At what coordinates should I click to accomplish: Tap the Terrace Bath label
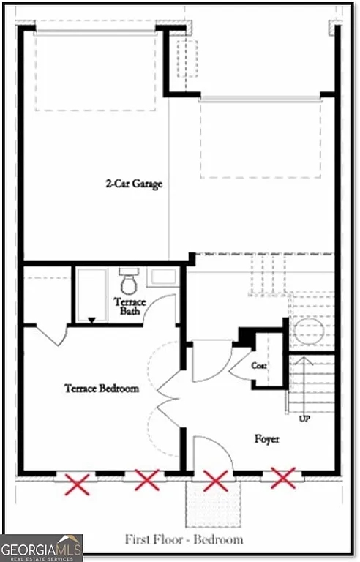(x=130, y=307)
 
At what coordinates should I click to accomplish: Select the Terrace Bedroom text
(x=101, y=389)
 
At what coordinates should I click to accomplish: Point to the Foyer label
(x=267, y=439)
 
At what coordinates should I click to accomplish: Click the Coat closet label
(x=259, y=365)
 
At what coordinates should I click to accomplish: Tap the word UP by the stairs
(x=304, y=419)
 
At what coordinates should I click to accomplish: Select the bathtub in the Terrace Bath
(x=92, y=295)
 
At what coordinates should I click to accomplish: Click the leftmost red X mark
(x=78, y=482)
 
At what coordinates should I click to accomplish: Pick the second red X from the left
(x=146, y=481)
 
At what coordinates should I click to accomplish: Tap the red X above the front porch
(x=215, y=481)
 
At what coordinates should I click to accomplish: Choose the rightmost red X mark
(x=283, y=478)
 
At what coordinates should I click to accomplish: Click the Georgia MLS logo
(x=42, y=547)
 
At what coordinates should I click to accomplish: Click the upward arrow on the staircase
(x=304, y=373)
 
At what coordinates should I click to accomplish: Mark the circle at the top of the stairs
(x=307, y=331)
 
